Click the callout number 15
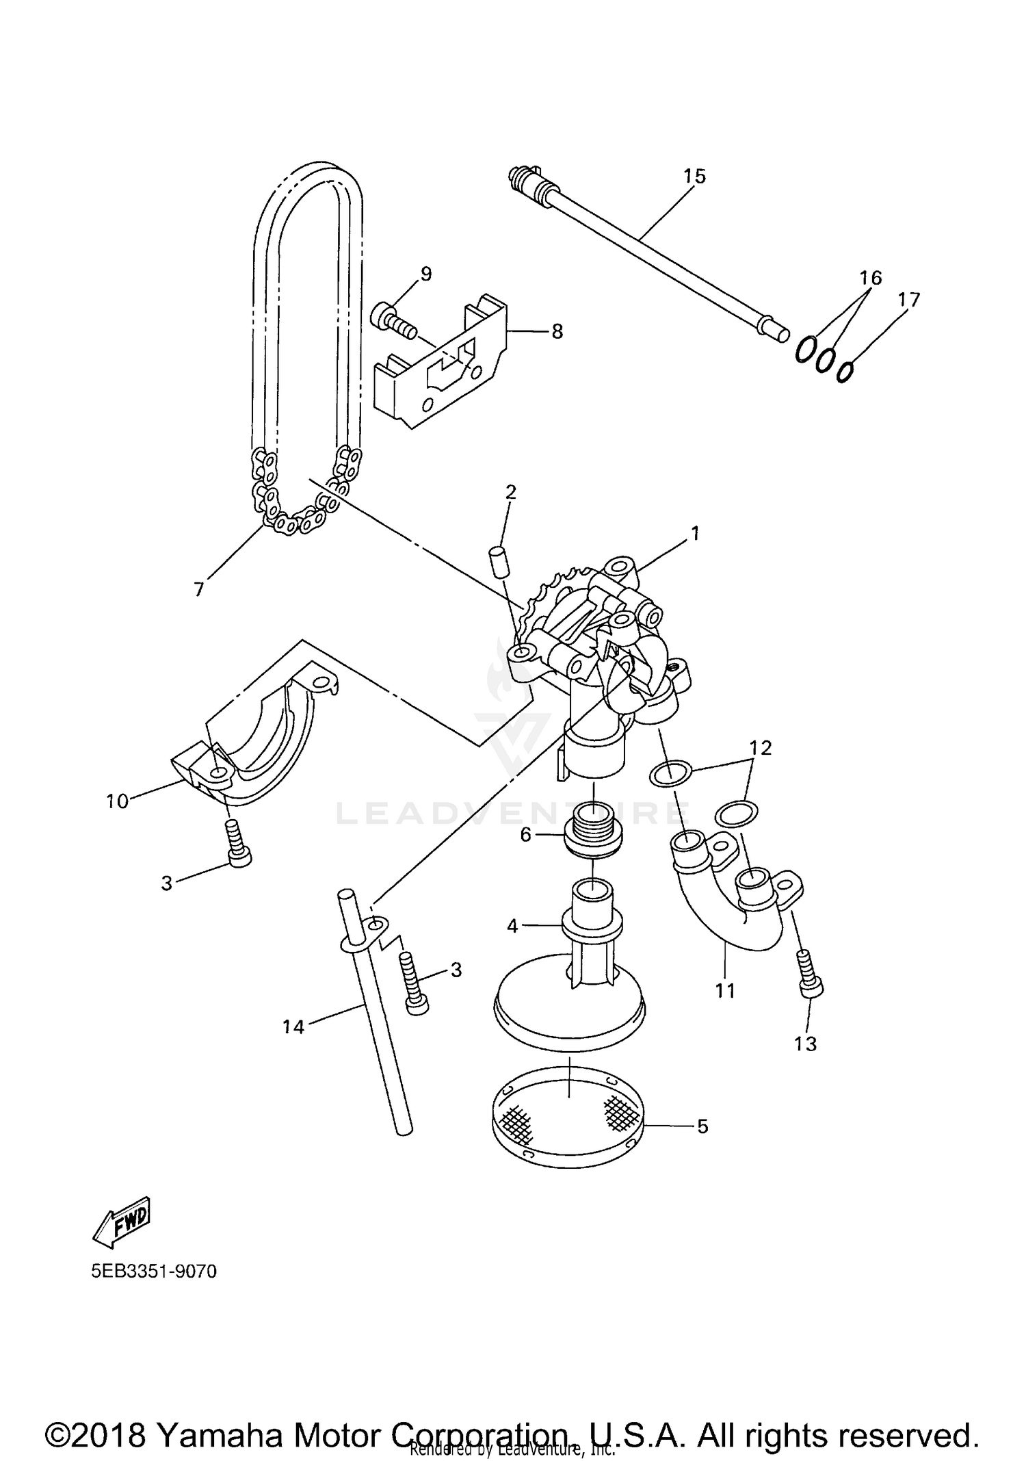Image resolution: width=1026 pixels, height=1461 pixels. (x=694, y=176)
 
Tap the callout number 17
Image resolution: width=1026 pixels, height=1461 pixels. (x=909, y=299)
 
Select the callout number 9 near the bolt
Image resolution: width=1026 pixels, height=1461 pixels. (x=426, y=274)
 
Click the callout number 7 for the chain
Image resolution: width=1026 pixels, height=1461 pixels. (x=199, y=589)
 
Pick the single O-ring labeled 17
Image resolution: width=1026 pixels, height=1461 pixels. (x=845, y=372)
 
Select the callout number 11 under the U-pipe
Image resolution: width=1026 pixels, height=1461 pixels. (x=724, y=990)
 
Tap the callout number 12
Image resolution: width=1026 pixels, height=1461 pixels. (x=760, y=748)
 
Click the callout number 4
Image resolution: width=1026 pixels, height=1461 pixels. (x=512, y=926)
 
